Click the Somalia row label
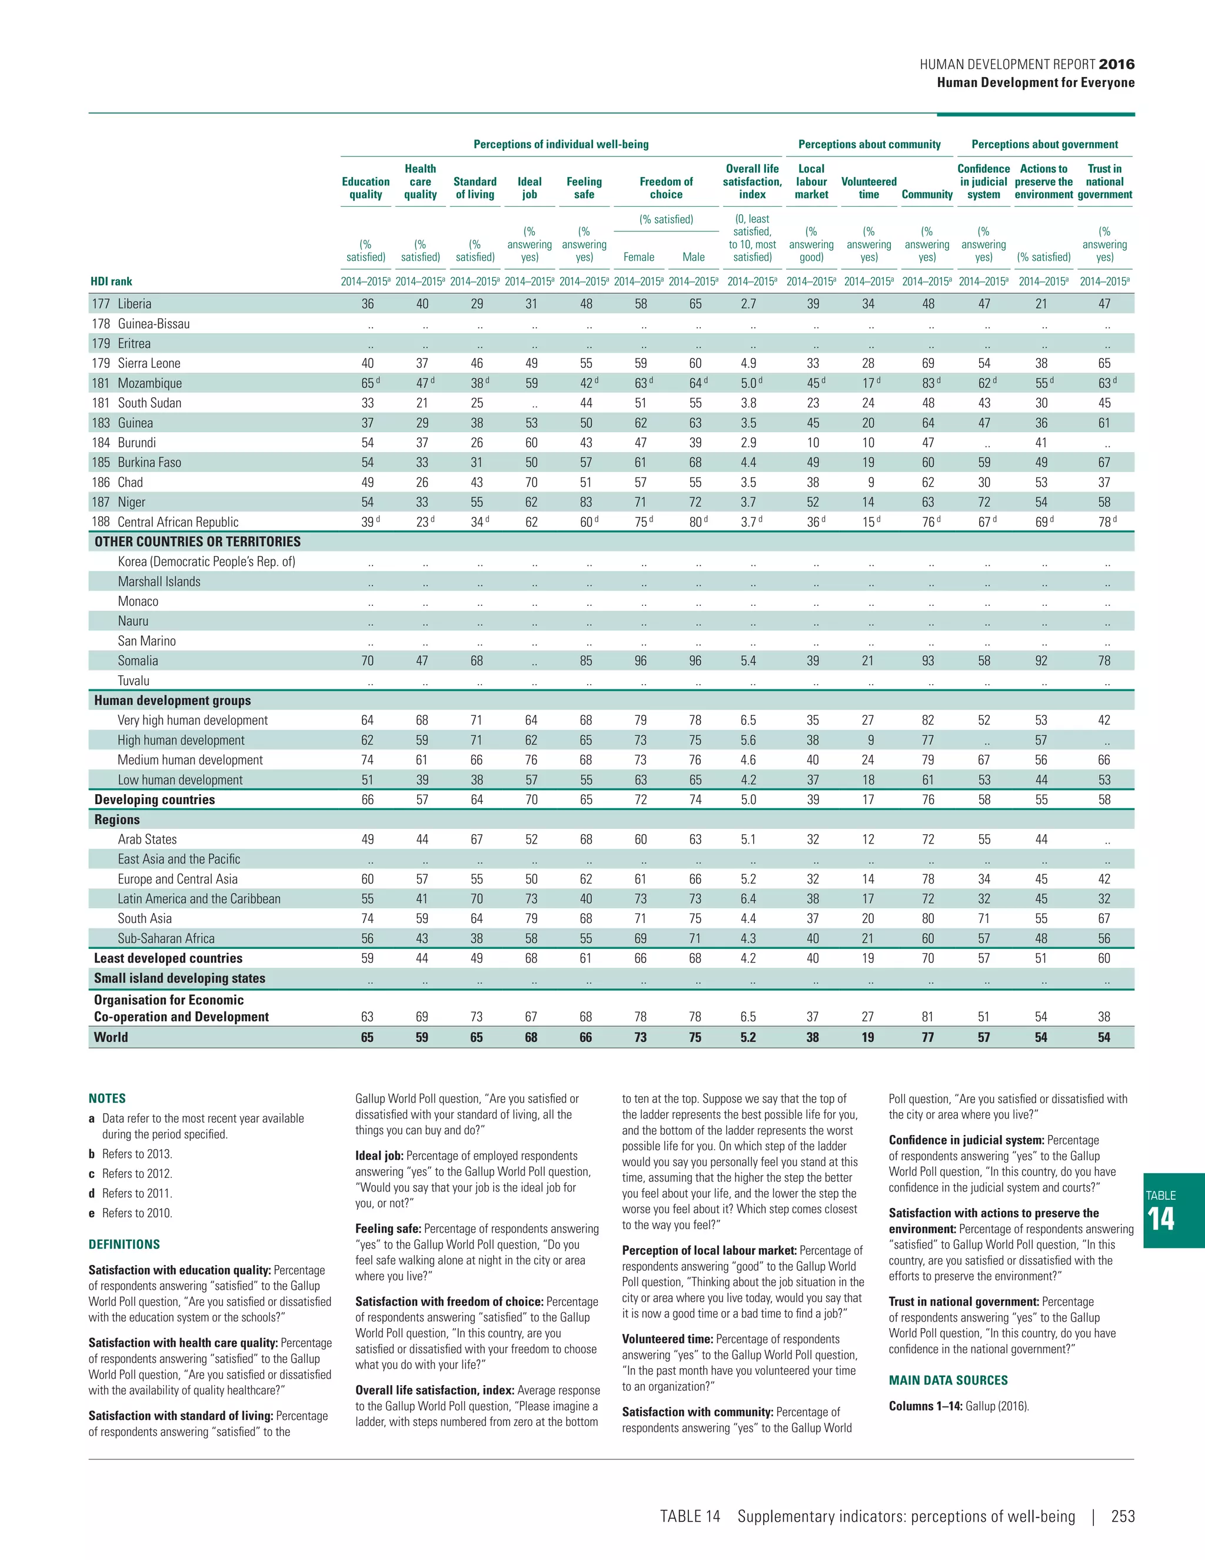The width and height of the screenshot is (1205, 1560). tap(138, 660)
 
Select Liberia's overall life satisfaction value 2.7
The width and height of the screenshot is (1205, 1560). tap(748, 304)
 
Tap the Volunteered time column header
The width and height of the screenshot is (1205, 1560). tap(869, 181)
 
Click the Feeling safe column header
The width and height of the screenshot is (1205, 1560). tap(584, 188)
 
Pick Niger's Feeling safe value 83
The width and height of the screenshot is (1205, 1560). tap(585, 502)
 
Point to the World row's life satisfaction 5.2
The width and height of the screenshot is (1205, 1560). tap(748, 1037)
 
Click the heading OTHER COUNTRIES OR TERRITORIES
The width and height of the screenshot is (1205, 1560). tap(197, 542)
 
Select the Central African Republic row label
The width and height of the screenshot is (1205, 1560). tap(178, 522)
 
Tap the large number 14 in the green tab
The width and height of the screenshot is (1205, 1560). tap(1161, 1219)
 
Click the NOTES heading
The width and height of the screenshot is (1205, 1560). tap(107, 1098)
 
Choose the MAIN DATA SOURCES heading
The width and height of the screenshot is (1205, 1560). tap(948, 1380)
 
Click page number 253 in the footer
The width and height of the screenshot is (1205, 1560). tap(1122, 1516)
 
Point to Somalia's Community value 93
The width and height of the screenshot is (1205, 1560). tap(927, 660)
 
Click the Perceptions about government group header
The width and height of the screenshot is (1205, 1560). tap(1044, 144)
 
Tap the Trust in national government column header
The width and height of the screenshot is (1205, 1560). tap(1104, 181)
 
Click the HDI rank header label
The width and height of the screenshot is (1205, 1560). tap(111, 281)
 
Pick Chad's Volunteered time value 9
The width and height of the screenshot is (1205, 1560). tap(870, 482)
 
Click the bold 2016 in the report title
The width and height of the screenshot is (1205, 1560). tap(1117, 64)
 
